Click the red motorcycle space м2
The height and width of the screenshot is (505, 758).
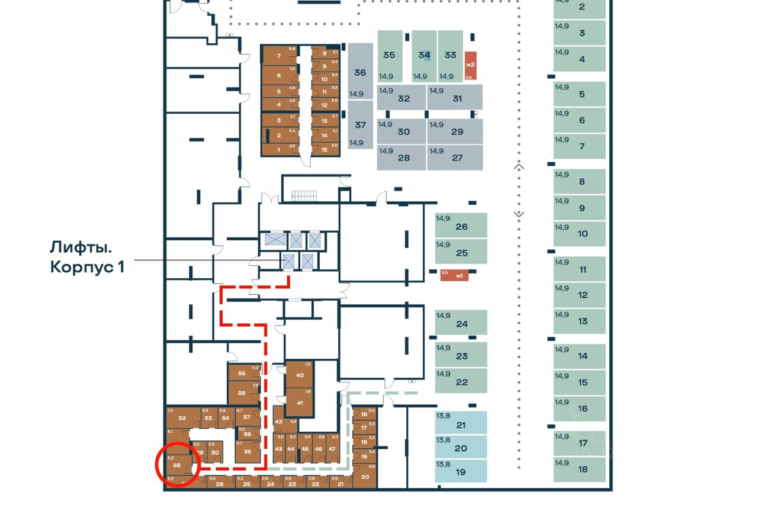pyautogui.click(x=470, y=66)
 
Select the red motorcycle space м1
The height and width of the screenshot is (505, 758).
pyautogui.click(x=454, y=275)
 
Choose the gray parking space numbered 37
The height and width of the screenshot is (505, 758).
pyautogui.click(x=360, y=125)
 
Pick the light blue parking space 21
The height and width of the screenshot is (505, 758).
pyautogui.click(x=461, y=424)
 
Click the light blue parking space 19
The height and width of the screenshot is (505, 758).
pyautogui.click(x=461, y=471)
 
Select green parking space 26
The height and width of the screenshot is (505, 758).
pyautogui.click(x=461, y=226)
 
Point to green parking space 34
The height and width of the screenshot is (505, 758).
pyautogui.click(x=424, y=56)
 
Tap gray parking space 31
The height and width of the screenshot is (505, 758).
pyautogui.click(x=455, y=97)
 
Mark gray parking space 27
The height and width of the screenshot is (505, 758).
pyautogui.click(x=455, y=157)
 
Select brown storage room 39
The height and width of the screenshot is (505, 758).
pyautogui.click(x=243, y=374)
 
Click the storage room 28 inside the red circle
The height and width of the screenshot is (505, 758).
pyautogui.click(x=177, y=465)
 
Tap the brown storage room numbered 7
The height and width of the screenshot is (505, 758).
pyautogui.click(x=278, y=56)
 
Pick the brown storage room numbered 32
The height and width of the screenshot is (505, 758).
pyautogui.click(x=181, y=419)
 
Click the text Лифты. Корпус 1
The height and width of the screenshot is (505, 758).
pyautogui.click(x=86, y=256)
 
